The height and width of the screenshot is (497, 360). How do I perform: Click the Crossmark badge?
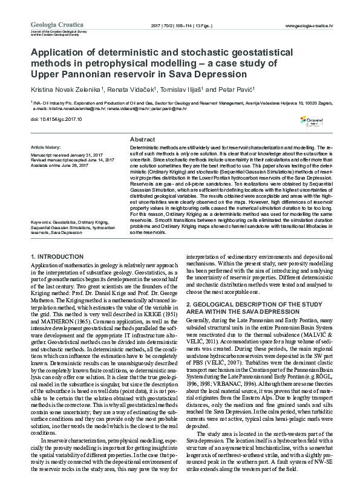click(x=313, y=122)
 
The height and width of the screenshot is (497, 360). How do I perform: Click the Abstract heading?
click(x=142, y=139)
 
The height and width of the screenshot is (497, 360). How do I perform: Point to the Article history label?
click(x=45, y=148)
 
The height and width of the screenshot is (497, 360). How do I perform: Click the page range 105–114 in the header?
click(x=186, y=26)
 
